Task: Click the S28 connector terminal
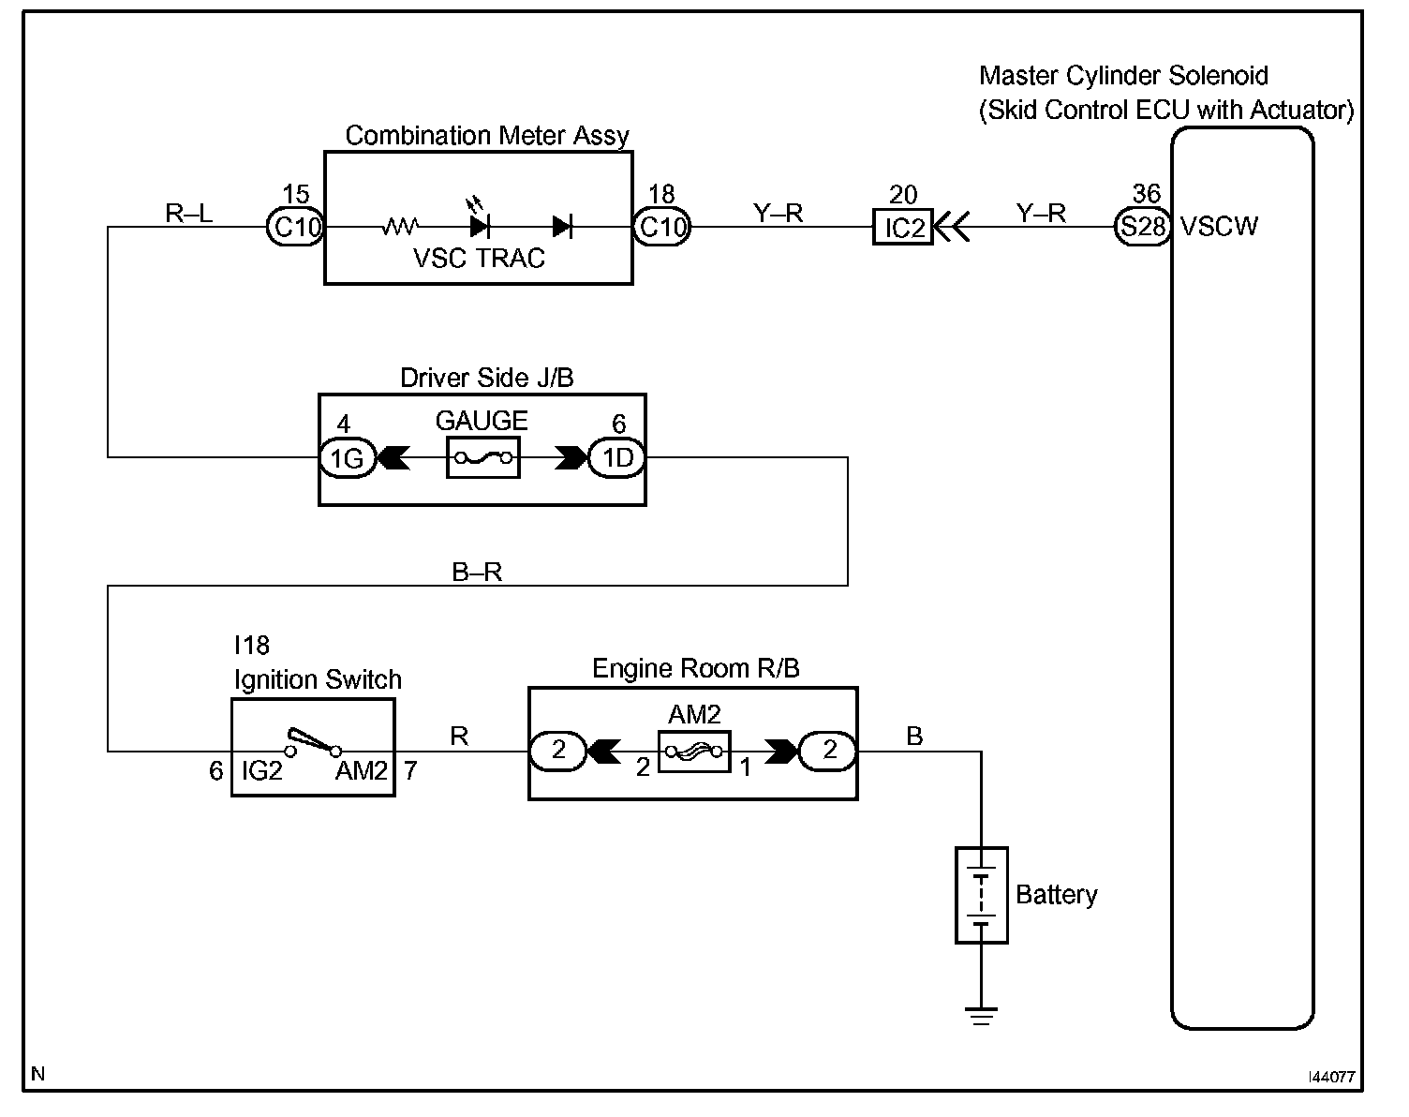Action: [1142, 228]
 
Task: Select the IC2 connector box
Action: [903, 228]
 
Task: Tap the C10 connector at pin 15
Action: [297, 228]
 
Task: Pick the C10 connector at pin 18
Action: [661, 228]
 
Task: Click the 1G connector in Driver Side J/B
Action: [348, 458]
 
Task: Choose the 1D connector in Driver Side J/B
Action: [617, 458]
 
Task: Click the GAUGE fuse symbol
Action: [482, 458]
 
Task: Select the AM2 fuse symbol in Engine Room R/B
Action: [693, 752]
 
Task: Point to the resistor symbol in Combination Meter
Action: [401, 226]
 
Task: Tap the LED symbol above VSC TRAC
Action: [480, 224]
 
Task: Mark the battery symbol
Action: [981, 895]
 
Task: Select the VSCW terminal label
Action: [1220, 227]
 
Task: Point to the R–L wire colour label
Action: [189, 214]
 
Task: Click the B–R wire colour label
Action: [477, 573]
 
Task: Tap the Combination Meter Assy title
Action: [487, 136]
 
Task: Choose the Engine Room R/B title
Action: [696, 669]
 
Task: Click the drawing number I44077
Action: [1331, 1078]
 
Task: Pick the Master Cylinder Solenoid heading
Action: [1123, 76]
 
